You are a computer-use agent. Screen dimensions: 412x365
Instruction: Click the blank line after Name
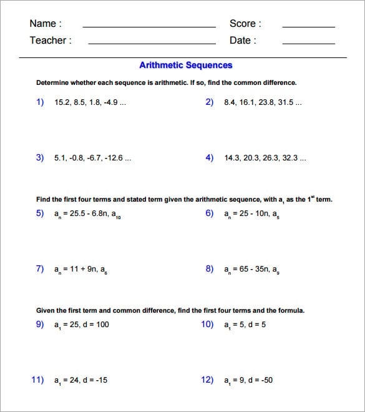pos(149,27)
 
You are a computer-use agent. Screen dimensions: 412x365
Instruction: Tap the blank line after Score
pos(308,27)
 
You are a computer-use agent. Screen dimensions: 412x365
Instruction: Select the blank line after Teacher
pos(152,43)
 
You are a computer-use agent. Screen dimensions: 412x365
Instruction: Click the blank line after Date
pos(308,43)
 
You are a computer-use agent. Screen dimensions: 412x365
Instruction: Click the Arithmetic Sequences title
pos(185,65)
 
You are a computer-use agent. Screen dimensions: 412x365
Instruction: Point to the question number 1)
pos(41,102)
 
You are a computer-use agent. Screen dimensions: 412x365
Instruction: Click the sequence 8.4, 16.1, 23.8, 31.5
pos(263,102)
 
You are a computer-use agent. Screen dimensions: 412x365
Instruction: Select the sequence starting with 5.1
pos(92,158)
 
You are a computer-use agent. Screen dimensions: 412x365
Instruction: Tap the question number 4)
pos(210,158)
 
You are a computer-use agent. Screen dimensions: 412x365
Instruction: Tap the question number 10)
pos(207,324)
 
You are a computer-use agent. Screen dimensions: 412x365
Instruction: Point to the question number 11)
pos(38,380)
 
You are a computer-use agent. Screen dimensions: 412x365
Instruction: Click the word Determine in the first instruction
pos(55,82)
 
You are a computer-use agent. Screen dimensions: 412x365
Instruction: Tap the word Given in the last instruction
pos(47,310)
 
